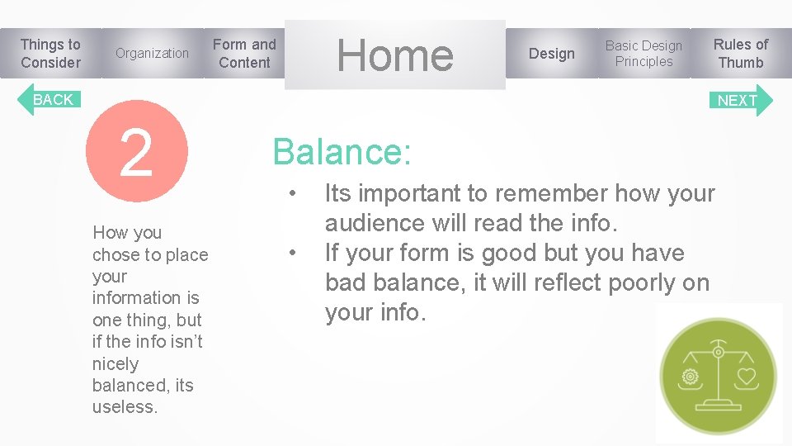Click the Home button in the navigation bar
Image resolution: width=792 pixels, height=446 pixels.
pyautogui.click(x=394, y=55)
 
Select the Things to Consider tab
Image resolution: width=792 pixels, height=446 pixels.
pyautogui.click(x=50, y=54)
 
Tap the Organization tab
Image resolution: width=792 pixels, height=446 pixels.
pyautogui.click(x=152, y=54)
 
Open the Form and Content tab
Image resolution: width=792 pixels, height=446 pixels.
pyautogui.click(x=244, y=54)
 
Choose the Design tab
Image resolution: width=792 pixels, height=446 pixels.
pyautogui.click(x=551, y=54)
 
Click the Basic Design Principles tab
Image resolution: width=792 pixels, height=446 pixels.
pyautogui.click(x=643, y=54)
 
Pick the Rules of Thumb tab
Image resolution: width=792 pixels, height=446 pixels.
pyautogui.click(x=740, y=54)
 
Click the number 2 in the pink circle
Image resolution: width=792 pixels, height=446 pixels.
pyautogui.click(x=136, y=152)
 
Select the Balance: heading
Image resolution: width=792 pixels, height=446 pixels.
pyautogui.click(x=342, y=152)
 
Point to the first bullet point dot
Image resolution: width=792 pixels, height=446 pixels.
pyautogui.click(x=292, y=194)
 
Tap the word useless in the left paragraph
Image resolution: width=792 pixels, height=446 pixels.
pyautogui.click(x=125, y=407)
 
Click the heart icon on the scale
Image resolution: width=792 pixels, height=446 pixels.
pyautogui.click(x=746, y=376)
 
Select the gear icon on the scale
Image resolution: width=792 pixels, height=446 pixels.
pyautogui.click(x=690, y=377)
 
